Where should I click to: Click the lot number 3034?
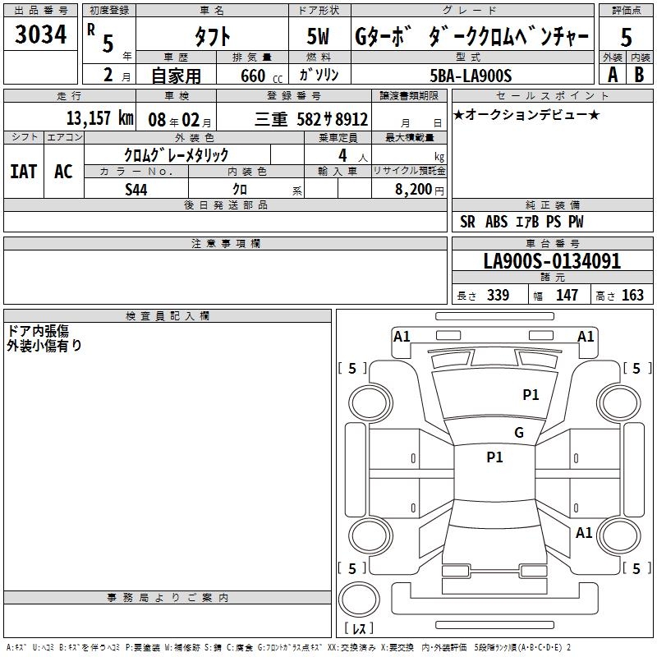41,34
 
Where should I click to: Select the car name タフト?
211,36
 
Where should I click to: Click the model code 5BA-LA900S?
471,76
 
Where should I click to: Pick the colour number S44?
136,189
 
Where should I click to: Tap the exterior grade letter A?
611,74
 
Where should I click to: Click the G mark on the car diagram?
518,433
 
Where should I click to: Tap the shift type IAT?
24,171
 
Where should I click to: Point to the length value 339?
498,296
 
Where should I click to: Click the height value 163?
632,296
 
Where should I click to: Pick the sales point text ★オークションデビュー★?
526,114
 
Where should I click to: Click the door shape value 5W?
319,36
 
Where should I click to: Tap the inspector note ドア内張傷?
38,330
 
